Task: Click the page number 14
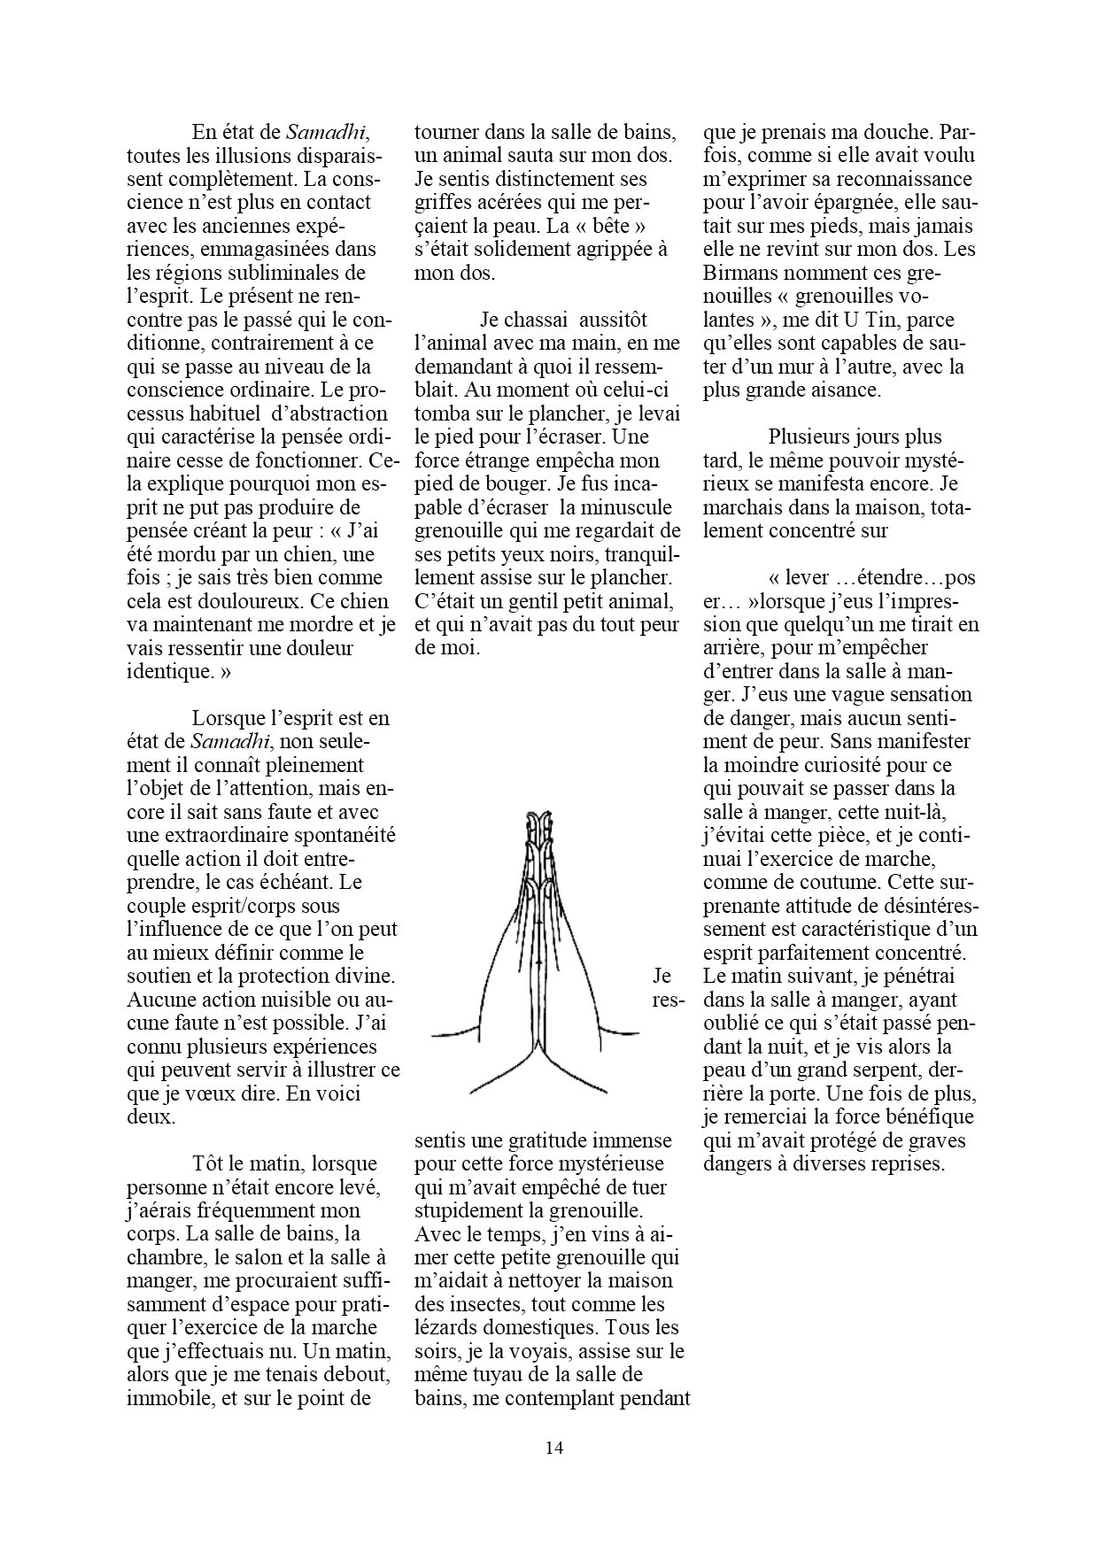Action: [x=554, y=1449]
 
